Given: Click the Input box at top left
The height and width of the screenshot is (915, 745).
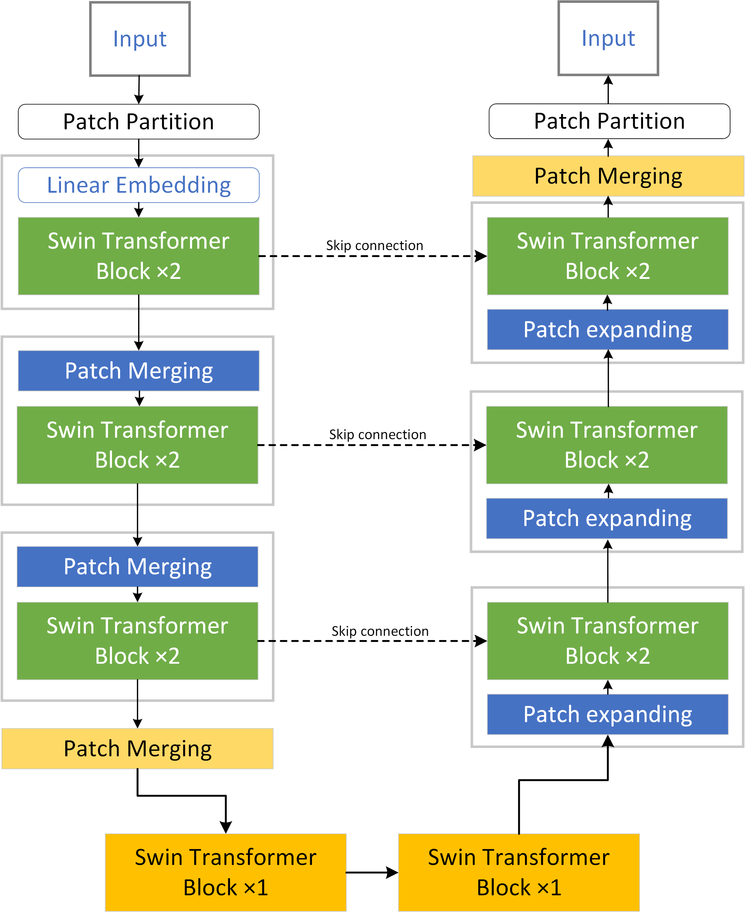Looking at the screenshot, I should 140,39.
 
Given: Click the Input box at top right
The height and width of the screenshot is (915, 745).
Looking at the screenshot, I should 608,39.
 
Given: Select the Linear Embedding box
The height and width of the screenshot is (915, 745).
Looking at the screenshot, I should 139,185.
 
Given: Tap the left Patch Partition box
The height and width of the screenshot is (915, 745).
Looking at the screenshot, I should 139,121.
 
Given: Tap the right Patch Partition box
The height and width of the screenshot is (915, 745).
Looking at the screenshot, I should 609,121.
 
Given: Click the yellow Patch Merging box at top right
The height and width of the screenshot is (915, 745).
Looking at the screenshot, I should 608,176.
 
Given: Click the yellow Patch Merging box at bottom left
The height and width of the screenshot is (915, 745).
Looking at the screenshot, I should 137,748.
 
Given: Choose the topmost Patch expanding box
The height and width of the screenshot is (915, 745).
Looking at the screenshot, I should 607,329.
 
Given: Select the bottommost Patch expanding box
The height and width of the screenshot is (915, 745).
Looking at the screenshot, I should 607,714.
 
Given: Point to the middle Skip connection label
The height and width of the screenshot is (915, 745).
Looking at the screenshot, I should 377,434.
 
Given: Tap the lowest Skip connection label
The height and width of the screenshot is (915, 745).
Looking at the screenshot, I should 380,631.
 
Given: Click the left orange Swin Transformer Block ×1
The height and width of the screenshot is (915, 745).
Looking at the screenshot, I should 226,872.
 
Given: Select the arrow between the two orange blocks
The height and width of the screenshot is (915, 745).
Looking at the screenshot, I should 372,872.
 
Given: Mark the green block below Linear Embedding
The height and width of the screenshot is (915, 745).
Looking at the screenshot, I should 139,256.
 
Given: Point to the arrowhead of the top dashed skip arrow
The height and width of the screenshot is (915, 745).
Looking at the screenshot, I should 482,256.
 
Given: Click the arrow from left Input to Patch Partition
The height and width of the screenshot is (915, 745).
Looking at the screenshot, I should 139,90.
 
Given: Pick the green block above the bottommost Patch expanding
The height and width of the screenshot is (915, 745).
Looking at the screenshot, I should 607,641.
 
